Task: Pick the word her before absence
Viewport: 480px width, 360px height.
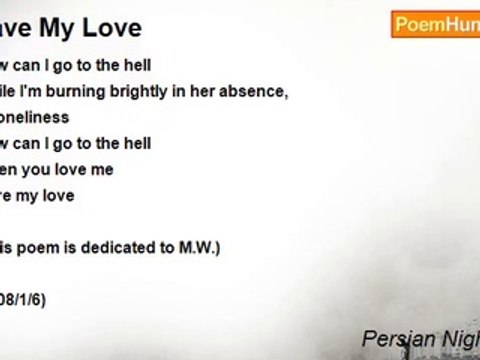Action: tap(215, 92)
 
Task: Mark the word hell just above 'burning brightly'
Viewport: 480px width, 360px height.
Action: tap(137, 66)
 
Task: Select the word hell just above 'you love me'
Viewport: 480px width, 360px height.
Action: tap(137, 144)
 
